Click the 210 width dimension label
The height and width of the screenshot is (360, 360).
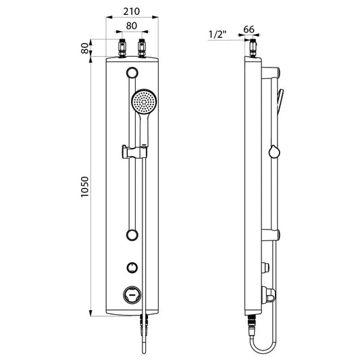click(131, 11)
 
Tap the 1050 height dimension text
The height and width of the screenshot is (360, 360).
click(84, 187)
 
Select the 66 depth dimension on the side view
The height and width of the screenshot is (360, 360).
click(249, 30)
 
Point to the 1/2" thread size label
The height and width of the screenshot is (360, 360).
click(217, 34)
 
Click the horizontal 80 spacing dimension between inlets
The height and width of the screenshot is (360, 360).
click(131, 26)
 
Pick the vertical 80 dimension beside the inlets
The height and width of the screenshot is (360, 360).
click(84, 48)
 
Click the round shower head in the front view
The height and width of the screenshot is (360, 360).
click(144, 101)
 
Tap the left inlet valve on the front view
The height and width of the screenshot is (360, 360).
click(122, 48)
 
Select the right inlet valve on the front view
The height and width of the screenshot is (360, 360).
click(142, 48)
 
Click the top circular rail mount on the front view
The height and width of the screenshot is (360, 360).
click(132, 73)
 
